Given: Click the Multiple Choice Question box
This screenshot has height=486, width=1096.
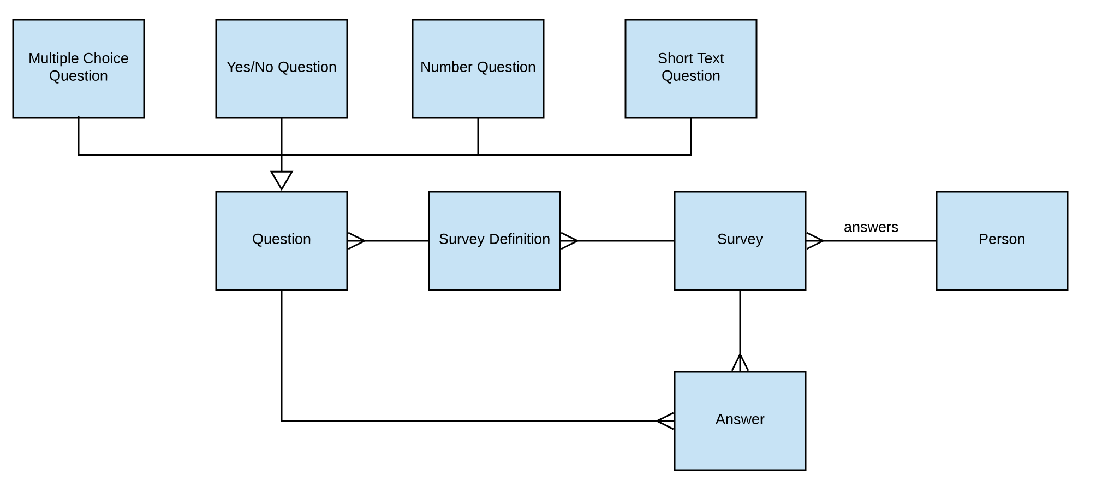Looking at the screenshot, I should click(79, 69).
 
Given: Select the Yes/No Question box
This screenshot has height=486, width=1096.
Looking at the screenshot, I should click(281, 69).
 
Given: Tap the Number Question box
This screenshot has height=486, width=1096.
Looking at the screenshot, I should click(478, 69).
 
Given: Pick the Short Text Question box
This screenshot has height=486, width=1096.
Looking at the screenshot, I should click(690, 69).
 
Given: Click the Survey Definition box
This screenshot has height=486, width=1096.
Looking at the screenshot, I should click(494, 240).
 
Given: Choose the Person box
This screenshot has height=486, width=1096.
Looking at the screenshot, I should click(1002, 240).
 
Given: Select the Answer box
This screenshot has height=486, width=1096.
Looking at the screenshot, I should click(740, 420).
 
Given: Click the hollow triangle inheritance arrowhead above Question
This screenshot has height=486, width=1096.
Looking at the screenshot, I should click(282, 180).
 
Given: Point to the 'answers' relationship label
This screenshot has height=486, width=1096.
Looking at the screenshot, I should click(871, 227).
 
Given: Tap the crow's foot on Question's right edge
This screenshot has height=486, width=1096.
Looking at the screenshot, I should click(356, 241).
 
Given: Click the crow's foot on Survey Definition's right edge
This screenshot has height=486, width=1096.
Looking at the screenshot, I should click(569, 241).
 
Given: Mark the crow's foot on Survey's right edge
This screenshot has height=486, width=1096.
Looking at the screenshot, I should click(814, 241).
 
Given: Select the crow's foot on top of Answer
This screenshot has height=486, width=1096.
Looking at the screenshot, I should click(740, 363).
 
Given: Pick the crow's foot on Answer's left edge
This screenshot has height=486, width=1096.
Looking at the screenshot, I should click(666, 421).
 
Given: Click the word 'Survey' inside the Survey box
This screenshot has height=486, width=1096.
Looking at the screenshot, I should click(740, 239).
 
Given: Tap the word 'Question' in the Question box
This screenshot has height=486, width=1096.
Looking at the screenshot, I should click(281, 239).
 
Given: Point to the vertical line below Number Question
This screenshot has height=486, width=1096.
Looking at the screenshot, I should click(478, 137).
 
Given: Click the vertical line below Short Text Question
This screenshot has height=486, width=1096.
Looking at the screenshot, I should click(691, 137).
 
